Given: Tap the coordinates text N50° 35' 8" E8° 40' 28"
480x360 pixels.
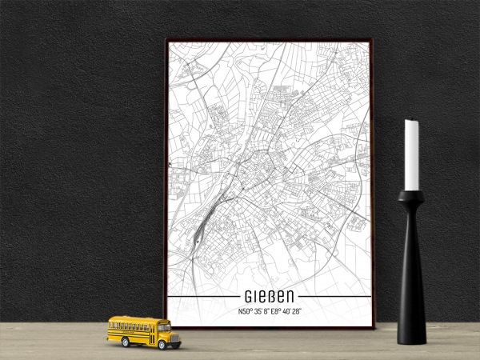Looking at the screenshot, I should tap(268, 311).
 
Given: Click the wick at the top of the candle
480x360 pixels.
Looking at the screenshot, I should tap(411, 120).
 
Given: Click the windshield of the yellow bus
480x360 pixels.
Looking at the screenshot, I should tap(164, 326).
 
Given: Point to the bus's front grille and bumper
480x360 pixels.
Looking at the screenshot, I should tap(176, 338).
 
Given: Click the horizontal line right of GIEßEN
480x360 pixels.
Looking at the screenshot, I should tap(336, 297).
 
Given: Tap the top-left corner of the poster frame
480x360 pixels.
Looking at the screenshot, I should tap(167, 41).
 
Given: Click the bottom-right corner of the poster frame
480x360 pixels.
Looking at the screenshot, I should tap(372, 327).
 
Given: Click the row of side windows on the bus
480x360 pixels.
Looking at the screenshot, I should tap(132, 326).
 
